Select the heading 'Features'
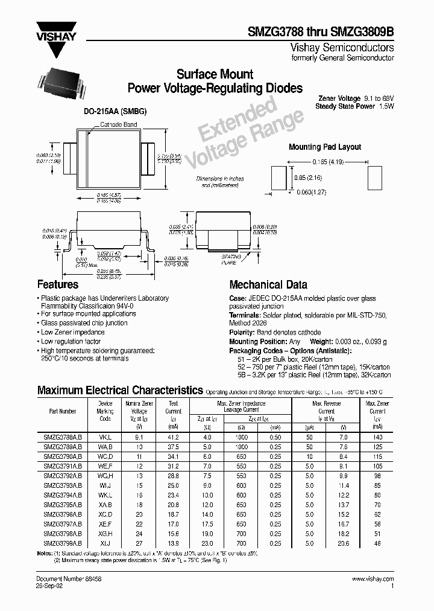[x=58, y=284]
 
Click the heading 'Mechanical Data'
[x=268, y=284]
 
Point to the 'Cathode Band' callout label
[x=119, y=125]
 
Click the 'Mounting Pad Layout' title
[x=325, y=147]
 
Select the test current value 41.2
[x=174, y=435]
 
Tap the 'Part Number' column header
[x=63, y=411]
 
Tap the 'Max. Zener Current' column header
[x=377, y=411]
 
